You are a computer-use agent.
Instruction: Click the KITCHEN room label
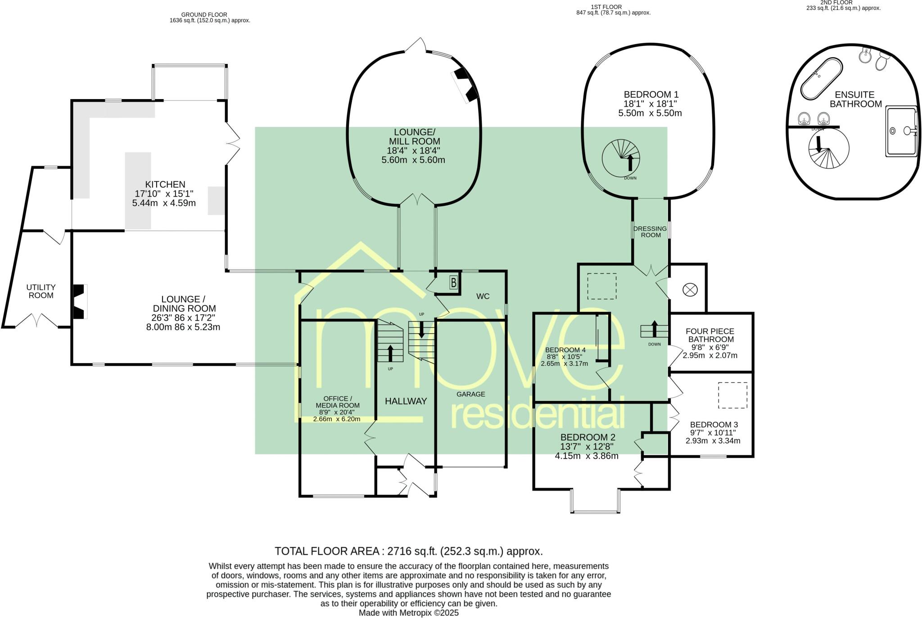(x=165, y=184)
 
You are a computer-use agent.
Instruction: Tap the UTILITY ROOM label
(x=41, y=291)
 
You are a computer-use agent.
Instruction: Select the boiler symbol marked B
(x=454, y=283)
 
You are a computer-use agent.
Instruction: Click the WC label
(x=483, y=296)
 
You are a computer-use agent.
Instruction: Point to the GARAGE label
(x=471, y=394)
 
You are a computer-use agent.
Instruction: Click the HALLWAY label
(x=406, y=401)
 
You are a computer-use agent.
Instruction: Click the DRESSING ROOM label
(x=650, y=232)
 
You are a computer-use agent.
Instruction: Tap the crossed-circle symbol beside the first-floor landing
(x=689, y=290)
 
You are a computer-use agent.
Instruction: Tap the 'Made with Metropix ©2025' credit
(x=409, y=613)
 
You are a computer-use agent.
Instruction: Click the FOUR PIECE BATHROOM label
(x=711, y=335)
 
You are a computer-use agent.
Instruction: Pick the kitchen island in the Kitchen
(x=138, y=191)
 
